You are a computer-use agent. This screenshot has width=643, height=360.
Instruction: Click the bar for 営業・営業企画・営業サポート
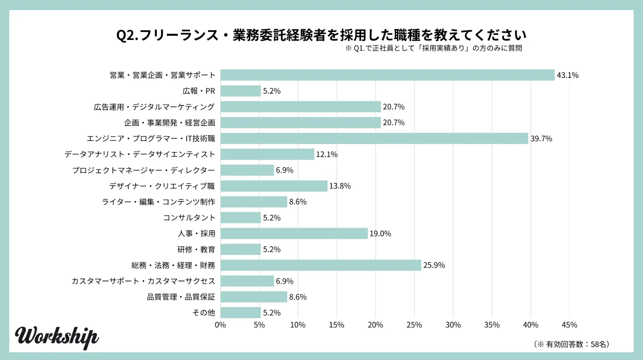[x=387, y=75]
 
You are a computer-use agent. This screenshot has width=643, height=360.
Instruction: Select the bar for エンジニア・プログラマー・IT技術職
[x=374, y=138]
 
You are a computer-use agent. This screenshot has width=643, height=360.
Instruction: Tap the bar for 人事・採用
[x=294, y=234]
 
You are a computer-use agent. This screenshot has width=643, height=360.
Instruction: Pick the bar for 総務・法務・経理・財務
[x=321, y=265]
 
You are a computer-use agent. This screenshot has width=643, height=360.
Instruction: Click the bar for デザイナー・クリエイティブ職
[x=274, y=186]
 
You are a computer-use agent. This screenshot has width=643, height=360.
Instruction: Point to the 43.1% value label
[x=567, y=75]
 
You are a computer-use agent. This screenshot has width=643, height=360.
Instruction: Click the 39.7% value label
[x=541, y=138]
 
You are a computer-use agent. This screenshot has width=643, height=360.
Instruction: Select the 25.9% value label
[x=434, y=265]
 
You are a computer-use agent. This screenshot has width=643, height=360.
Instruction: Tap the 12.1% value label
[x=327, y=154]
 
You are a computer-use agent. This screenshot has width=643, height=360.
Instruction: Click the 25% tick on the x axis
[x=414, y=325]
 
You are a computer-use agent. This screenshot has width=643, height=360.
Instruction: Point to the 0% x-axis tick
[x=221, y=325]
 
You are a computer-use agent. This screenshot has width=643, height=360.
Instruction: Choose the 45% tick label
[x=569, y=325]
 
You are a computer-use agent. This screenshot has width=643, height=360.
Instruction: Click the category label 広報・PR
[x=199, y=91]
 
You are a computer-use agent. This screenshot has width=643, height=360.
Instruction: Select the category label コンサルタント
[x=189, y=218]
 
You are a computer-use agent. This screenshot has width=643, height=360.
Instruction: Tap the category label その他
[x=204, y=313]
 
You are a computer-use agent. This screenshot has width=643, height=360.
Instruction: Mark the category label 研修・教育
[x=196, y=249]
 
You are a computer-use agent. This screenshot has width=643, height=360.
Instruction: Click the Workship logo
[x=57, y=337]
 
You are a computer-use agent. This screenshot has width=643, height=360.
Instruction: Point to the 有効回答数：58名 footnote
[x=572, y=344]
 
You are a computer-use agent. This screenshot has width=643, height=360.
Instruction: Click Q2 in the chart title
[x=127, y=36]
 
